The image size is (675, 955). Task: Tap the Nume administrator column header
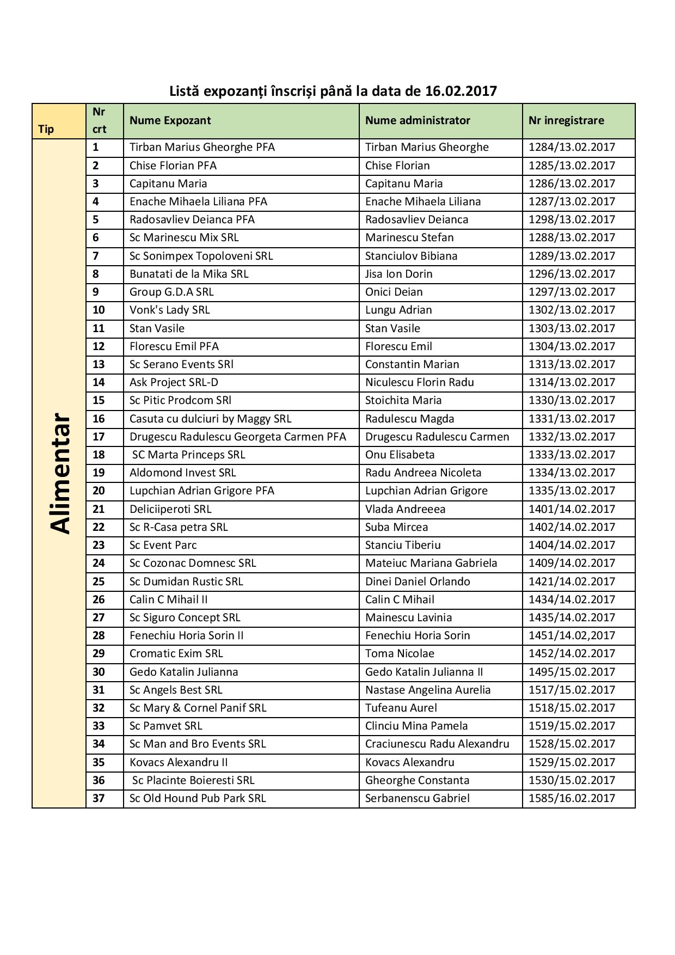(418, 120)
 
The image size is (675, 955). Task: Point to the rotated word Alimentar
(59, 473)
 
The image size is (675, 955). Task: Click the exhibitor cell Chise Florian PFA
(173, 166)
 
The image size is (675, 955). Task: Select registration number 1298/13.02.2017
(572, 219)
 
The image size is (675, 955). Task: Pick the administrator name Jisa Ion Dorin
(398, 274)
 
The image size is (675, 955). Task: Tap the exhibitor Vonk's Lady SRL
(169, 310)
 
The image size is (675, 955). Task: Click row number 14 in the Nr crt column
(99, 382)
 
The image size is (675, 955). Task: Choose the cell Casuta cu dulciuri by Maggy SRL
(210, 419)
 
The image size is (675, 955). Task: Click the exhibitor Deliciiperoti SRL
(170, 509)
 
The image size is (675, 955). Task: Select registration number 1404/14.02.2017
(572, 545)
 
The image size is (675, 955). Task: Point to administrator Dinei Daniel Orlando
(418, 581)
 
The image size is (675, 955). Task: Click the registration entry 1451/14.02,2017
(572, 635)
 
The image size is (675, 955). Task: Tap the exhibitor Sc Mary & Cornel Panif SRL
(198, 708)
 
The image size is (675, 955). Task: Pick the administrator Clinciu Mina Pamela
(416, 726)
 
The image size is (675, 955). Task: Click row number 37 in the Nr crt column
(99, 798)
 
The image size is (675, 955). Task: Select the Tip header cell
(46, 129)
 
